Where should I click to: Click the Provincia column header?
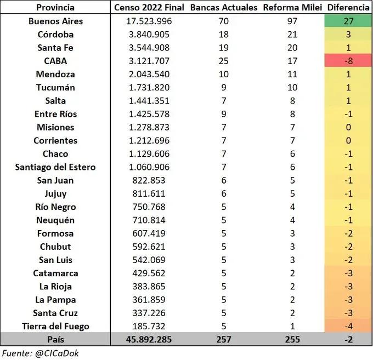[x=55, y=8]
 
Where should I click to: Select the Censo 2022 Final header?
[x=149, y=8]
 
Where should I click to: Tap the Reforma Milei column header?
[x=291, y=8]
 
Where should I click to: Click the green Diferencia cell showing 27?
[x=348, y=21]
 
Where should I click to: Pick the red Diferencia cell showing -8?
[x=348, y=61]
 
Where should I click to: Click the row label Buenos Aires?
[x=55, y=21]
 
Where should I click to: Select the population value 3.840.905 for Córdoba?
[x=149, y=35]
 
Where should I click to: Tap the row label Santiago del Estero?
[x=55, y=167]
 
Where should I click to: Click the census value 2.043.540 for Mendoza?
[x=149, y=74]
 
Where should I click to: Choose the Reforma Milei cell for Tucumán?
[x=291, y=88]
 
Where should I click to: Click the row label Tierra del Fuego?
[x=55, y=326]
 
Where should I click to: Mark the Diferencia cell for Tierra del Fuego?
[x=348, y=326]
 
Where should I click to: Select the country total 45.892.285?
[x=149, y=339]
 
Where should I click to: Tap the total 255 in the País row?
[x=291, y=339]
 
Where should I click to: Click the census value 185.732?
[x=149, y=326]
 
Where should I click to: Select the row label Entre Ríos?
[x=55, y=114]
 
